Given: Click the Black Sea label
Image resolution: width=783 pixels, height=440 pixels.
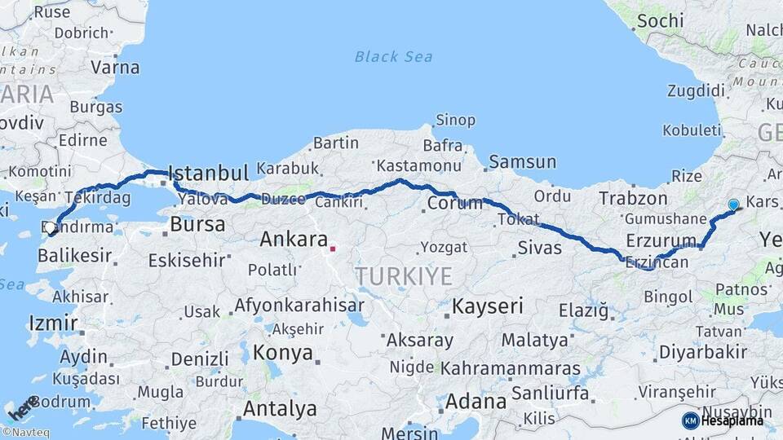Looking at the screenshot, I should [x=393, y=56].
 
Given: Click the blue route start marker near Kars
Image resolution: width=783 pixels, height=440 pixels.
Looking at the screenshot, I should [x=733, y=205].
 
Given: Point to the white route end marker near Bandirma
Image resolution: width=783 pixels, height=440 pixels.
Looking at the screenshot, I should [x=51, y=227].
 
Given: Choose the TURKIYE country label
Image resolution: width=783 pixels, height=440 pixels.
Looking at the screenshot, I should [x=403, y=276].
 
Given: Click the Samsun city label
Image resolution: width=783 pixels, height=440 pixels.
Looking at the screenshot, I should [x=522, y=162].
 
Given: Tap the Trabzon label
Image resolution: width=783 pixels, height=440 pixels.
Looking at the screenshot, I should [x=633, y=198].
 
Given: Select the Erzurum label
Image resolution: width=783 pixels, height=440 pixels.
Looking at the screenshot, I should [x=659, y=240].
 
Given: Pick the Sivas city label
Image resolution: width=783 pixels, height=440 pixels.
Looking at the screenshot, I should [x=540, y=247].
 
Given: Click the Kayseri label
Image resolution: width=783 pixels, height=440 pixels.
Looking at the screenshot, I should [x=487, y=306].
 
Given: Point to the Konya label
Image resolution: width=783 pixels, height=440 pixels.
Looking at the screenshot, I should [x=283, y=353].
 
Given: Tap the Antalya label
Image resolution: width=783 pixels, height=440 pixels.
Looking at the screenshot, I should [x=280, y=408].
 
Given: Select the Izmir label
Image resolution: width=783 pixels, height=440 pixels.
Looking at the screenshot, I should [x=53, y=323].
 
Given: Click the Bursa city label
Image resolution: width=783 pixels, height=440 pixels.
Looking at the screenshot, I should [x=197, y=223].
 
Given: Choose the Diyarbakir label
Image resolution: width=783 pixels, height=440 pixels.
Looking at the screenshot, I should [x=702, y=352].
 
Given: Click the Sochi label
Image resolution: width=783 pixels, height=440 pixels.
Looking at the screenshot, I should [x=659, y=20].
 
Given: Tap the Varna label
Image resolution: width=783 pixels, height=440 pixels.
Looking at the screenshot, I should [x=115, y=67].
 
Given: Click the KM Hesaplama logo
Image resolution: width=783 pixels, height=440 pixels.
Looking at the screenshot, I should [x=723, y=420].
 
